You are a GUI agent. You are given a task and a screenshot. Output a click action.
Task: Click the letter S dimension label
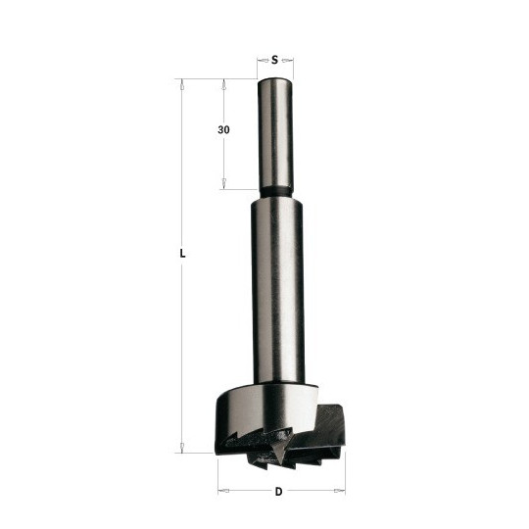275,61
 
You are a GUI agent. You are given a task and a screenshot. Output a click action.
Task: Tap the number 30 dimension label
223,130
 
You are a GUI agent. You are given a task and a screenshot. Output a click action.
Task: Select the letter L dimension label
182,254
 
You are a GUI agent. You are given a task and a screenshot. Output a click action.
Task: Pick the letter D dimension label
278,492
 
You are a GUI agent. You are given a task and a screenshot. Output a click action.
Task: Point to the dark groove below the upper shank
275,192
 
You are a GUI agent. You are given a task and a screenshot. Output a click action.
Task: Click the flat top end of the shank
275,80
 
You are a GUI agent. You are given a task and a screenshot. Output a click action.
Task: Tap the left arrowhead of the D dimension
223,490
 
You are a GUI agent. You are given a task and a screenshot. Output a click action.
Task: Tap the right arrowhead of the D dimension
339,490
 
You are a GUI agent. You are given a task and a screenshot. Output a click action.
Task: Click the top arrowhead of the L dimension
182,84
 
